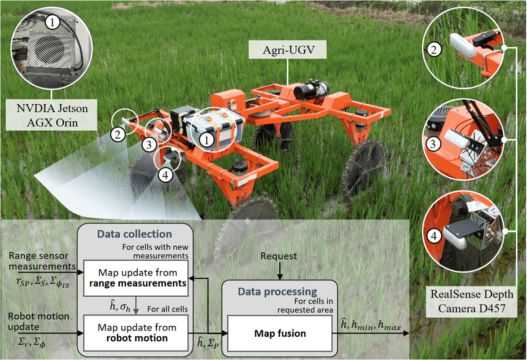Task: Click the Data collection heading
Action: click(x=134, y=234)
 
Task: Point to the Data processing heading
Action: click(x=278, y=292)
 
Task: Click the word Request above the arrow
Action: click(x=279, y=256)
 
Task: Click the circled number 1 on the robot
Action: click(x=209, y=137)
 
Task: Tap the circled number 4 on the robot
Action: click(x=164, y=175)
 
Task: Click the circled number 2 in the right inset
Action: click(x=433, y=50)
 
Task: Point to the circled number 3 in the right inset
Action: click(x=433, y=144)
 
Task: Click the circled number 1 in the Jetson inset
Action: click(x=52, y=23)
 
